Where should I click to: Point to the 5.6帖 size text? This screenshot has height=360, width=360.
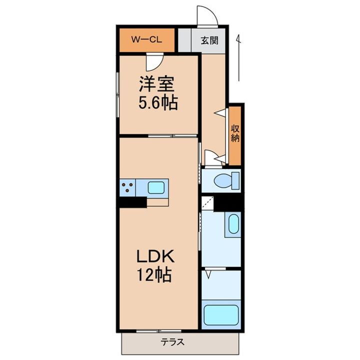157,103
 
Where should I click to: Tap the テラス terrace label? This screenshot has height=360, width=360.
173,343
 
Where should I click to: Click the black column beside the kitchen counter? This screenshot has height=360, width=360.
132,202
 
